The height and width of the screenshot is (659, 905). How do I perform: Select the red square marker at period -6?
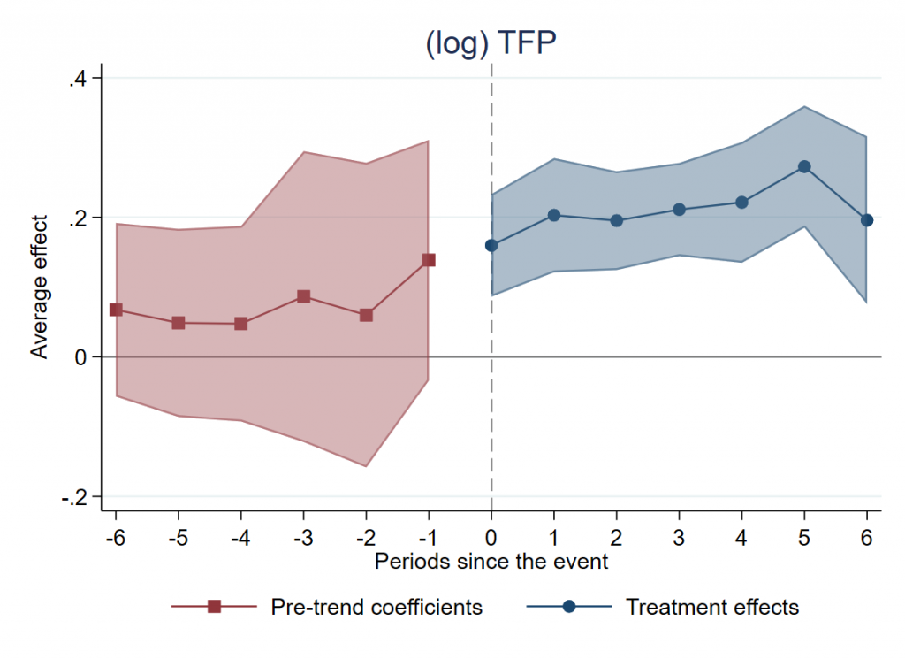(116, 310)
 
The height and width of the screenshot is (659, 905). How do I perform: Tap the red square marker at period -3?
(303, 296)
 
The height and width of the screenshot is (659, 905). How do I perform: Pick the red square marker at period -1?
(429, 260)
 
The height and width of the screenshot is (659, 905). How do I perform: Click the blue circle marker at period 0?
(491, 246)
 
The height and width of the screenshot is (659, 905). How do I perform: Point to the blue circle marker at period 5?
(804, 166)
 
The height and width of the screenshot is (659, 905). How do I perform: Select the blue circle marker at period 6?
(867, 220)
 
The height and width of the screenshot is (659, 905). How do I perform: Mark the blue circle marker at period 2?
(617, 220)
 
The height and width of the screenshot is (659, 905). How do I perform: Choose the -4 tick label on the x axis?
(240, 539)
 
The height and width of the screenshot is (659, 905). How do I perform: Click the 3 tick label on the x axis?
(679, 539)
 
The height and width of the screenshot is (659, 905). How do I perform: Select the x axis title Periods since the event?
(491, 562)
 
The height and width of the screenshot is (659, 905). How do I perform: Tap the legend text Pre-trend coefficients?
(376, 607)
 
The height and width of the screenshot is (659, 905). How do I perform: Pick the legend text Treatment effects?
(712, 607)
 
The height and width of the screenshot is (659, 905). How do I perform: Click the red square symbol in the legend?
(213, 607)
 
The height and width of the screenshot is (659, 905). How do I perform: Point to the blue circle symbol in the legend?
(569, 607)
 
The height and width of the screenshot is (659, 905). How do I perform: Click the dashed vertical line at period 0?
(491, 398)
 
